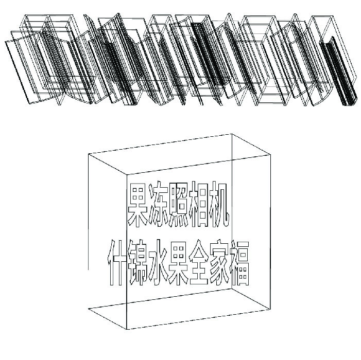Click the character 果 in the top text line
point(138,205)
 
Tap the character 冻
point(159,205)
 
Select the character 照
point(179,205)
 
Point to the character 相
point(199,205)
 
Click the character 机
point(219,205)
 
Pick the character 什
point(117,262)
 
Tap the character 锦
point(138,262)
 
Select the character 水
point(159,262)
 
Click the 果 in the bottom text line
point(179,262)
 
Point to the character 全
point(199,262)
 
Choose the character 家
point(219,262)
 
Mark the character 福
point(239,262)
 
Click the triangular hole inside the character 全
point(199,254)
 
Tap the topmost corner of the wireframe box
point(232,134)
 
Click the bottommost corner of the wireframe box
point(127,329)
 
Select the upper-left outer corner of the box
point(89,154)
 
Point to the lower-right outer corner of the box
point(270,309)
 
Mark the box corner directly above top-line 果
point(127,174)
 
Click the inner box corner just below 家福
point(232,289)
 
